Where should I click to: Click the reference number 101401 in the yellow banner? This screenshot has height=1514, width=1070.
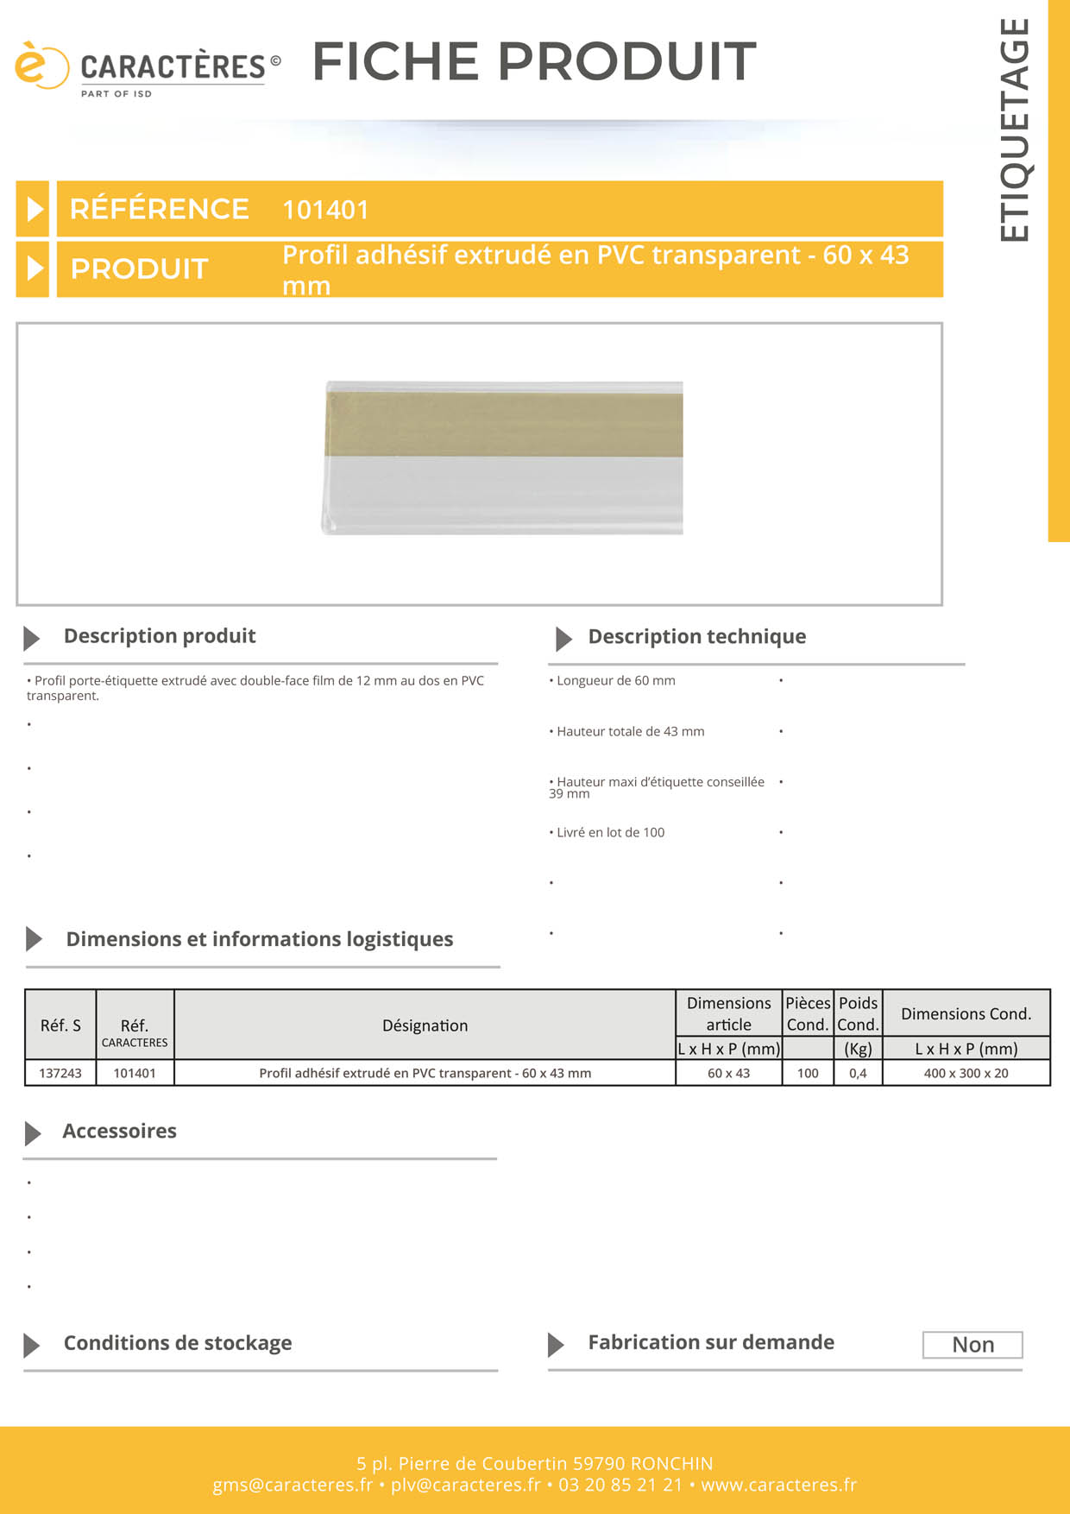(x=325, y=210)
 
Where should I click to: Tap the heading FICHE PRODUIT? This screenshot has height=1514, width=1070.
(x=534, y=61)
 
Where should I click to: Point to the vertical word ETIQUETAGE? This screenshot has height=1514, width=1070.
(x=1015, y=129)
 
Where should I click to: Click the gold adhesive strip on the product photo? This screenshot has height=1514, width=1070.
(x=504, y=424)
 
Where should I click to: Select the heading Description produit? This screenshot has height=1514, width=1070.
(x=160, y=636)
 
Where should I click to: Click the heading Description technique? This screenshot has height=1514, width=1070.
(x=696, y=637)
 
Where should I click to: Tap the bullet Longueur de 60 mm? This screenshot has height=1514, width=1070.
(x=615, y=681)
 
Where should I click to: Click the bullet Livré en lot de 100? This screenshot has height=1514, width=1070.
(x=610, y=833)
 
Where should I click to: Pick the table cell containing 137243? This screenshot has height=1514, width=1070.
(x=60, y=1073)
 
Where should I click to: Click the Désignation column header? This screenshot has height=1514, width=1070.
(x=425, y=1025)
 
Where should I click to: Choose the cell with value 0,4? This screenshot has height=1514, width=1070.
(x=858, y=1073)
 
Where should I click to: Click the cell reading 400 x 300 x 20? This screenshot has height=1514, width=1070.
(x=966, y=1073)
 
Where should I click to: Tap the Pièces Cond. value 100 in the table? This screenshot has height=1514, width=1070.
(x=808, y=1073)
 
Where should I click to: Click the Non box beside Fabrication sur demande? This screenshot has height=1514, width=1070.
(x=972, y=1345)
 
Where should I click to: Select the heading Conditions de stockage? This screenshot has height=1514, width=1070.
(x=178, y=1343)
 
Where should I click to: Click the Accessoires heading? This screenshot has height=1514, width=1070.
(x=119, y=1132)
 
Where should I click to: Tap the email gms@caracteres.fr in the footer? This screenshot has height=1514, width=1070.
(x=293, y=1486)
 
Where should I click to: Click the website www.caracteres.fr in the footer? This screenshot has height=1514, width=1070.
(x=778, y=1486)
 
